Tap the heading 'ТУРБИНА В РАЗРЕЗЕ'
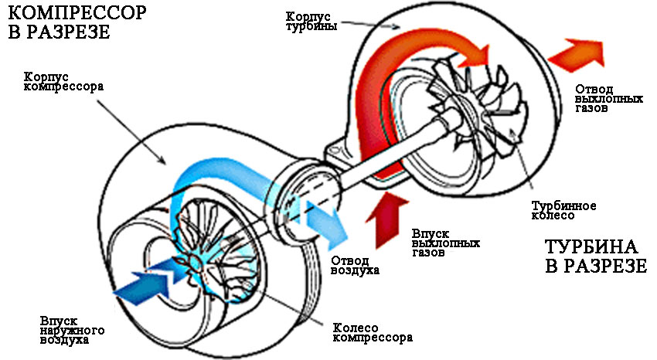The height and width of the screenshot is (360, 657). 591,256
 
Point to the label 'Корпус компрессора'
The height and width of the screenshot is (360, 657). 53,82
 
